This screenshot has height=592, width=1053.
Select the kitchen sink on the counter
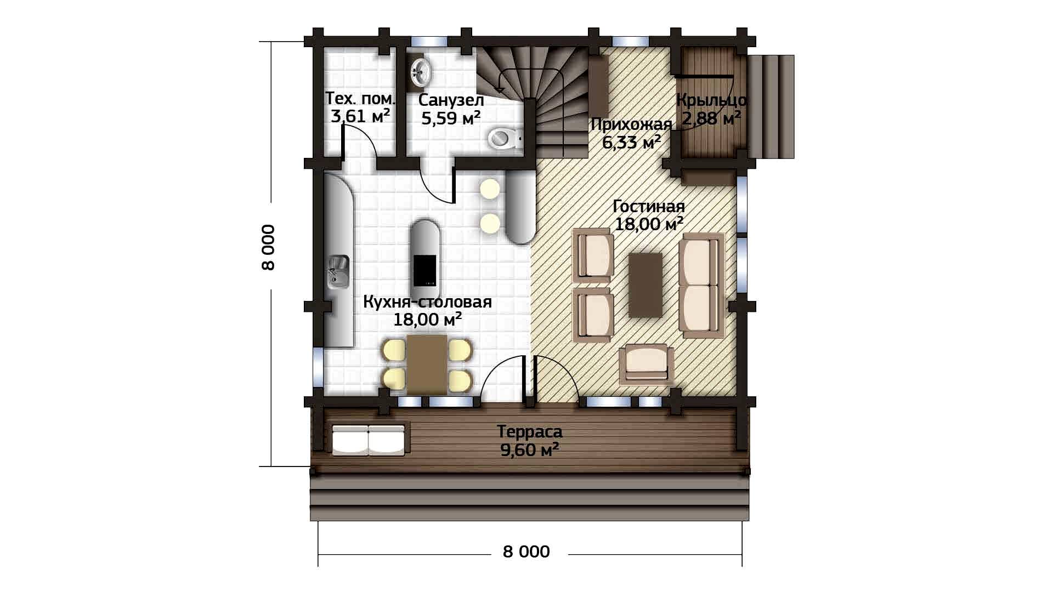tap(338, 272)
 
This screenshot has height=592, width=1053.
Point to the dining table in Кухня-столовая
tap(427, 365)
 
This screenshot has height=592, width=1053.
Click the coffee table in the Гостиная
tap(646, 284)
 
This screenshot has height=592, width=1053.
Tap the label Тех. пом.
tap(360, 99)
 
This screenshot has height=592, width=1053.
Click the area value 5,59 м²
tap(451, 117)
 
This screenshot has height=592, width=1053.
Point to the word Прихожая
tap(631, 124)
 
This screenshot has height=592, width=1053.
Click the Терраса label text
tap(530, 432)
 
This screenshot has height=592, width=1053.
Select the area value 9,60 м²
tap(530, 450)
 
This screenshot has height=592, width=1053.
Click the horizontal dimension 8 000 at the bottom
tap(526, 551)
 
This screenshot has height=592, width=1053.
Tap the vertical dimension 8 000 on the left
tap(268, 247)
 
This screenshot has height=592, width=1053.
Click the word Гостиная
tap(649, 206)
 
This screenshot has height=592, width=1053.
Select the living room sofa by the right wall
tap(701, 284)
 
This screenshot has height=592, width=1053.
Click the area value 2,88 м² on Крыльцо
tap(711, 117)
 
